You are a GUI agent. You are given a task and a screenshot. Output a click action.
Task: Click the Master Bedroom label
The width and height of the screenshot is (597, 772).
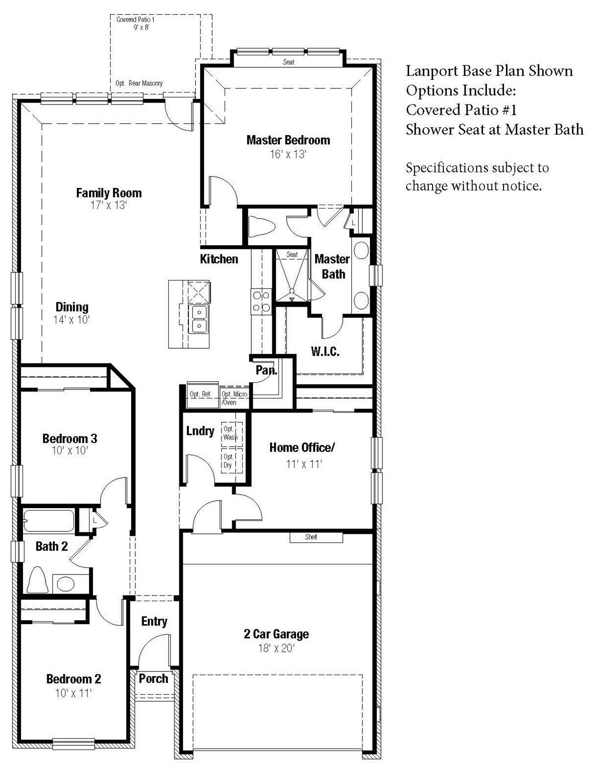288,140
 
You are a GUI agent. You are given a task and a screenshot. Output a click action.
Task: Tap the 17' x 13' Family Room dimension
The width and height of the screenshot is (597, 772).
109,206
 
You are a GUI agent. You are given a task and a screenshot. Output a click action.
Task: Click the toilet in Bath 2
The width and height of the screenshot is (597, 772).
37,580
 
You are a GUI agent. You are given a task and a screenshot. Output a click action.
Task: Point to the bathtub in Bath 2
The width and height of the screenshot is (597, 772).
49,521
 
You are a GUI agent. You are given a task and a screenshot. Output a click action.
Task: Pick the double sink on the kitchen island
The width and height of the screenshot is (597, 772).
199,319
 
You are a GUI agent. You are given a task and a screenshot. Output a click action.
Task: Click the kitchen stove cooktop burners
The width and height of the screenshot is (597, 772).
261,302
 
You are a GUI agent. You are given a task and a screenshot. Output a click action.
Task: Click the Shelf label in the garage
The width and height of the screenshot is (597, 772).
311,537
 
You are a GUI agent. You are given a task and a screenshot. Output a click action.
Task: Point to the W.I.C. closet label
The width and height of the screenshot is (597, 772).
325,351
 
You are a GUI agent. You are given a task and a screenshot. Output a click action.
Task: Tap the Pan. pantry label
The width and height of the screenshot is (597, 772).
266,370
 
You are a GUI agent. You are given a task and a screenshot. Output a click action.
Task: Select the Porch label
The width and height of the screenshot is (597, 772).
153,678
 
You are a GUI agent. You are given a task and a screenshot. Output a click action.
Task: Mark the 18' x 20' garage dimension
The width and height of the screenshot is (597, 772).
276,648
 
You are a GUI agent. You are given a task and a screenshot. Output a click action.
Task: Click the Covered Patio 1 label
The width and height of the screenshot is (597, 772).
135,20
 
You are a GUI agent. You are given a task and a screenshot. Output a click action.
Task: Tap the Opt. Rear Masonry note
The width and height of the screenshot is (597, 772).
139,83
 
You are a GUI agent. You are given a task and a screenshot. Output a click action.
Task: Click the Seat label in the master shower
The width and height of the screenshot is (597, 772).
292,254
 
